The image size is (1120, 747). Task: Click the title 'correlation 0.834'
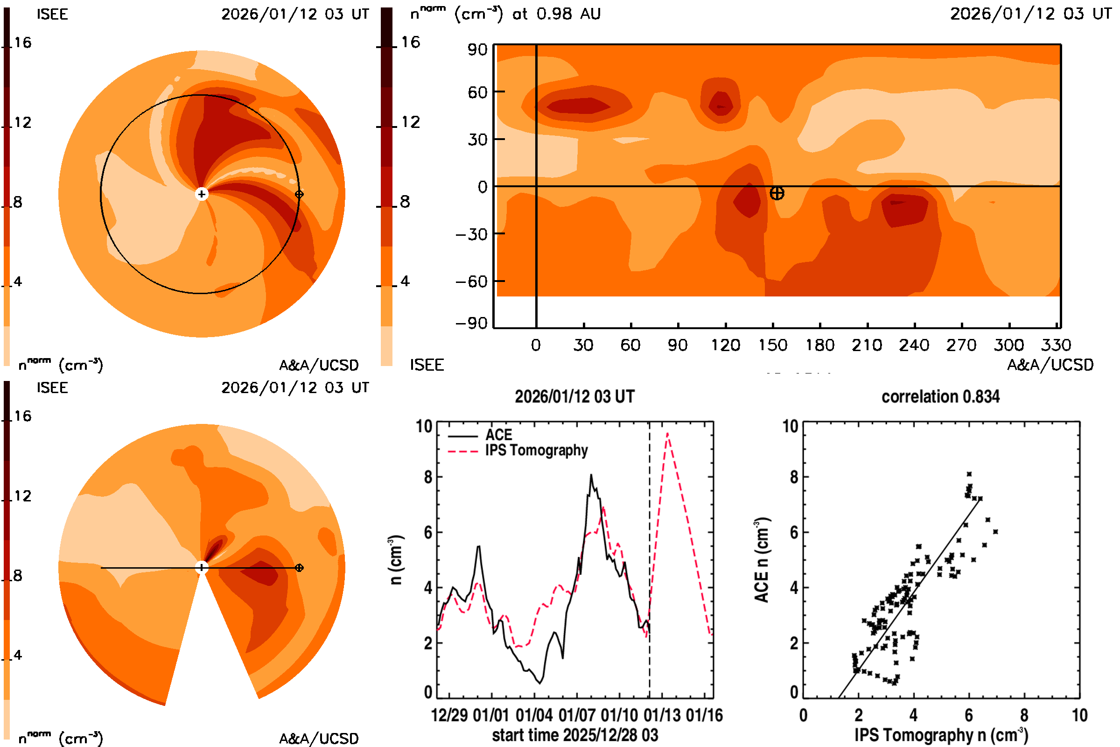[x=940, y=397]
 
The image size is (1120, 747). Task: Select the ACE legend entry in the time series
[x=498, y=435]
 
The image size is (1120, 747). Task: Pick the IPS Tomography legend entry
[x=536, y=450]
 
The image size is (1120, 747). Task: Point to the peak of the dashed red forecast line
[x=668, y=434]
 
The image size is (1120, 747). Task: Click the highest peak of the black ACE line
[x=591, y=475]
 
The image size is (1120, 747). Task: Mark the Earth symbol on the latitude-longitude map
[x=777, y=193]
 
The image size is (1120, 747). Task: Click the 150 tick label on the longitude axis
[x=772, y=345]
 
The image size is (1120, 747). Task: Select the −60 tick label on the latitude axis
[x=471, y=282]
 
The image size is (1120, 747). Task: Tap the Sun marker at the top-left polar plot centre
[x=202, y=194]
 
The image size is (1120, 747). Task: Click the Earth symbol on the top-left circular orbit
[x=299, y=194]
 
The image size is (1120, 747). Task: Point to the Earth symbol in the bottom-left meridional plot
[x=299, y=568]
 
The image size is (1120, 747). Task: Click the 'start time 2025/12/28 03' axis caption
[x=575, y=735]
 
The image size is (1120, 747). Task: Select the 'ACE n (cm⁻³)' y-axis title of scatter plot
[x=762, y=560]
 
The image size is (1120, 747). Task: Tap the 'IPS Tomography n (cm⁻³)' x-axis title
[x=941, y=735]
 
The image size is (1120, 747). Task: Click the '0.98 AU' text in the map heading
[x=568, y=14]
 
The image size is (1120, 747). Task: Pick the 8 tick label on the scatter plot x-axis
[x=1024, y=715]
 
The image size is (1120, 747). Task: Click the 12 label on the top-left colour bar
[x=22, y=122]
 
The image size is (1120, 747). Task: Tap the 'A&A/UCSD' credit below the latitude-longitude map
[x=1050, y=365]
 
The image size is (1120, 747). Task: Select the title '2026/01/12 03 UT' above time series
[x=575, y=397]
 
